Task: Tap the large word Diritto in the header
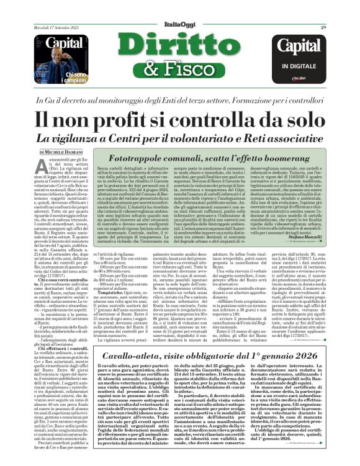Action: (179, 47)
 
